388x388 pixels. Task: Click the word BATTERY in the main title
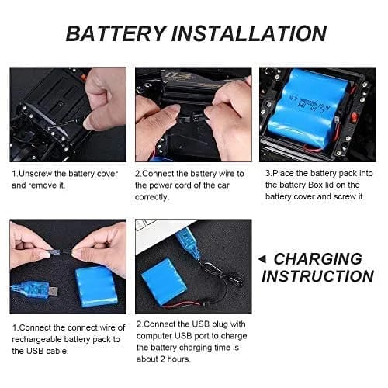116,33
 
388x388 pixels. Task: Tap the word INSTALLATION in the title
249,33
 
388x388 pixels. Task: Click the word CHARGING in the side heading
318,259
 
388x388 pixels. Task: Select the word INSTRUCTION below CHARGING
317,276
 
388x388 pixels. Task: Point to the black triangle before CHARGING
262,259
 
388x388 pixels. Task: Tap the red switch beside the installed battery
353,118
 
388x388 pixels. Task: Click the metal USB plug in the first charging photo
53,292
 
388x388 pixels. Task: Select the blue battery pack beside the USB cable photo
95,286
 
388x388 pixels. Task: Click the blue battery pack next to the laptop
164,282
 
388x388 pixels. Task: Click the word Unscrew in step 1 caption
36,174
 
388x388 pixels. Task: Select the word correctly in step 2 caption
152,197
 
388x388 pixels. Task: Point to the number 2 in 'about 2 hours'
162,359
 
